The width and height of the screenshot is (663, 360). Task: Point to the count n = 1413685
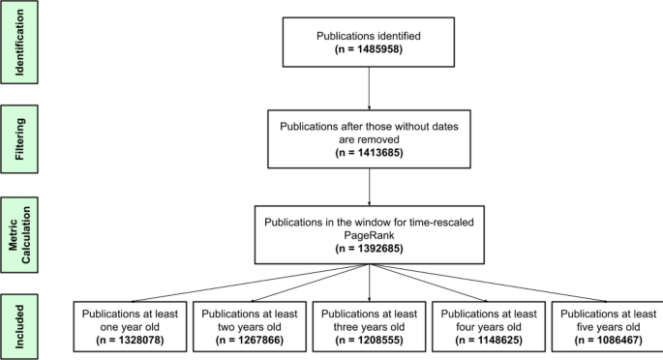370,152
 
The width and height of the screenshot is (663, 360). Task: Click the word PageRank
370,233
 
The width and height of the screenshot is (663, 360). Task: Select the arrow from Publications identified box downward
370,88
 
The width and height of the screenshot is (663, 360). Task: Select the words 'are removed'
370,138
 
